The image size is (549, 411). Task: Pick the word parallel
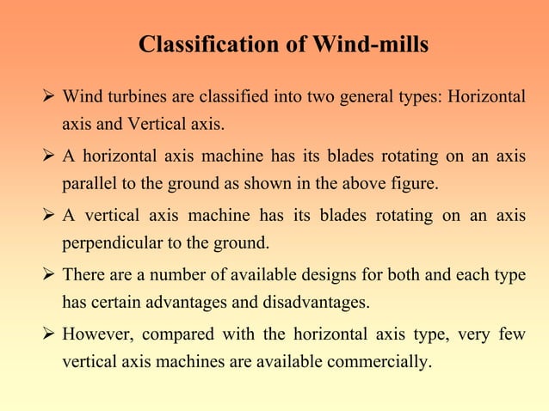tap(88, 184)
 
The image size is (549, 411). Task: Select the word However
tap(96, 333)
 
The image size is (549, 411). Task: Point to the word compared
tap(180, 333)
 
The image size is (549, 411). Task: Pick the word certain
tap(115, 303)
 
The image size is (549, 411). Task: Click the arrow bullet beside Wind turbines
tap(50, 95)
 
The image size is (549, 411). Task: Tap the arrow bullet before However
tap(50, 333)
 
